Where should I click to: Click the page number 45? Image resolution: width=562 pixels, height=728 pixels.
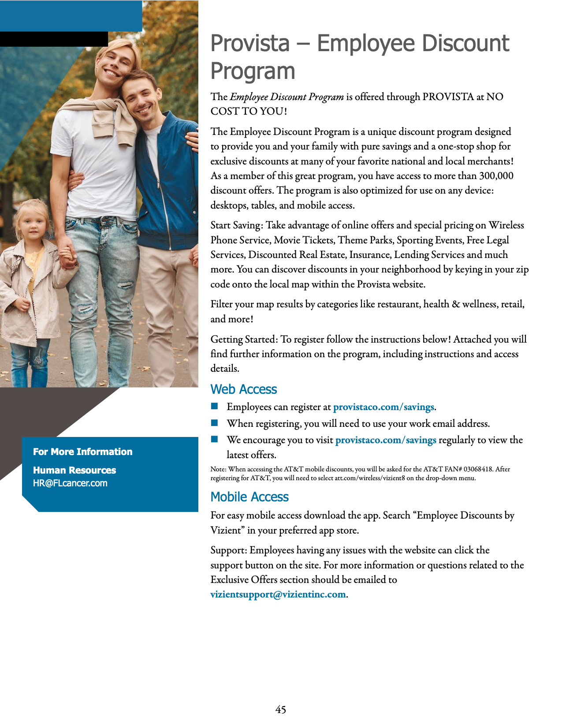[280, 709]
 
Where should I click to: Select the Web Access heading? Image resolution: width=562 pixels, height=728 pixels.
[243, 389]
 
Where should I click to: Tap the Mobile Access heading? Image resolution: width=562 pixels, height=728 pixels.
[249, 497]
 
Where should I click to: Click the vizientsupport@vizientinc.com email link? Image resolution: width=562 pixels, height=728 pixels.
[278, 594]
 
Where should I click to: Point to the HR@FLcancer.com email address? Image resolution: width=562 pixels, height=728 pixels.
[70, 483]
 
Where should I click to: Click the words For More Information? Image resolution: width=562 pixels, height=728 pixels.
[82, 452]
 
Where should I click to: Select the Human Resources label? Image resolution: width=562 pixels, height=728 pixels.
[74, 470]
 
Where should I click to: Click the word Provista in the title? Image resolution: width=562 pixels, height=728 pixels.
[250, 44]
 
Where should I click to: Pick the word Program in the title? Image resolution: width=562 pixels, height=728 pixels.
[253, 71]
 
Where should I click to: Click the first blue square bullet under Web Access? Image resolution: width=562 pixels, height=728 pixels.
[215, 406]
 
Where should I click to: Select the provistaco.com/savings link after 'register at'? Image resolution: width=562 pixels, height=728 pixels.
[383, 407]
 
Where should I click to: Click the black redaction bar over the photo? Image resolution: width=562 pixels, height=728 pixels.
[54, 39]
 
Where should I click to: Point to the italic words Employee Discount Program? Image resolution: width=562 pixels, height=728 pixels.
[287, 97]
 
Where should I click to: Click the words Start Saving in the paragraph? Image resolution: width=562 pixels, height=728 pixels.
[236, 225]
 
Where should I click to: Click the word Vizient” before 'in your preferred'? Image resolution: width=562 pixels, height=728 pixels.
[227, 530]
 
